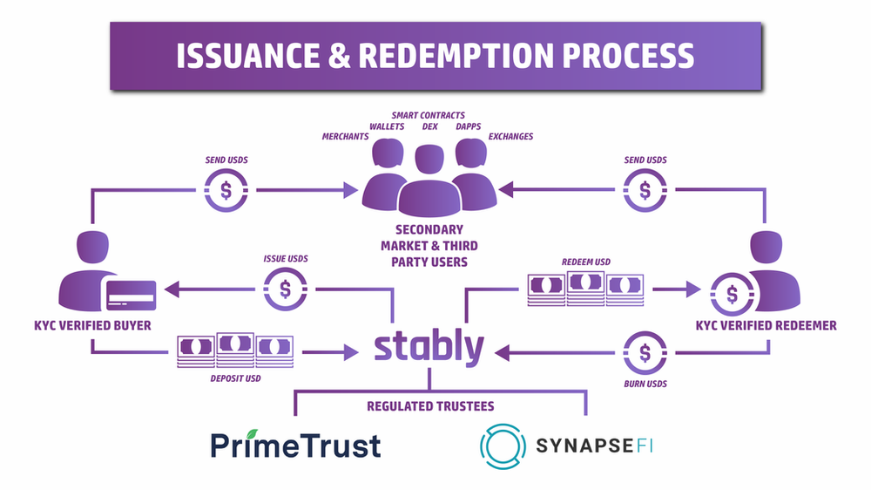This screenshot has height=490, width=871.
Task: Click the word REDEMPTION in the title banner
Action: coord(456,56)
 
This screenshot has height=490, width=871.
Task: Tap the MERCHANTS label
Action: coord(345,136)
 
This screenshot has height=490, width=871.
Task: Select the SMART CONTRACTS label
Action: coord(429,115)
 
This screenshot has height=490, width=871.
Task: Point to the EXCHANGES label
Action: coord(510,136)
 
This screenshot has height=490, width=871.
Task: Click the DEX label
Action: coord(430,126)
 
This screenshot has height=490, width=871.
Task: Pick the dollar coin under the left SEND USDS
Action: coord(226,190)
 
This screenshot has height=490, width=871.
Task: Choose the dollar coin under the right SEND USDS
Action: coord(645,190)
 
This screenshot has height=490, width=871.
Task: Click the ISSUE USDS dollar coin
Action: coord(285,289)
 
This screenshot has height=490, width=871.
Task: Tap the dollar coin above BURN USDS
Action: coord(645,353)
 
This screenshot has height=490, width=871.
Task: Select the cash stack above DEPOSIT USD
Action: coord(235,350)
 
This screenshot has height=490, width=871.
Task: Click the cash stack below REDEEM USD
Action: coord(585,289)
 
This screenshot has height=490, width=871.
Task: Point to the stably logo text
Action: coord(429,348)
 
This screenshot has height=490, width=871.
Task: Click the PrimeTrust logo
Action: coord(295,445)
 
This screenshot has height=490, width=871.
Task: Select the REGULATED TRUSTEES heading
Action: coord(430,406)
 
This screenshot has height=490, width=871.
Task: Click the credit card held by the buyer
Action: coord(132,296)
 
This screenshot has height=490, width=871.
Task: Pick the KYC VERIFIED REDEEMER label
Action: coord(766,325)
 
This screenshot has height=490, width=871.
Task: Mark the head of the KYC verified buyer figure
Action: coord(93,247)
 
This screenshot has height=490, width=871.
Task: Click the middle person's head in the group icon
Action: coord(429,160)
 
